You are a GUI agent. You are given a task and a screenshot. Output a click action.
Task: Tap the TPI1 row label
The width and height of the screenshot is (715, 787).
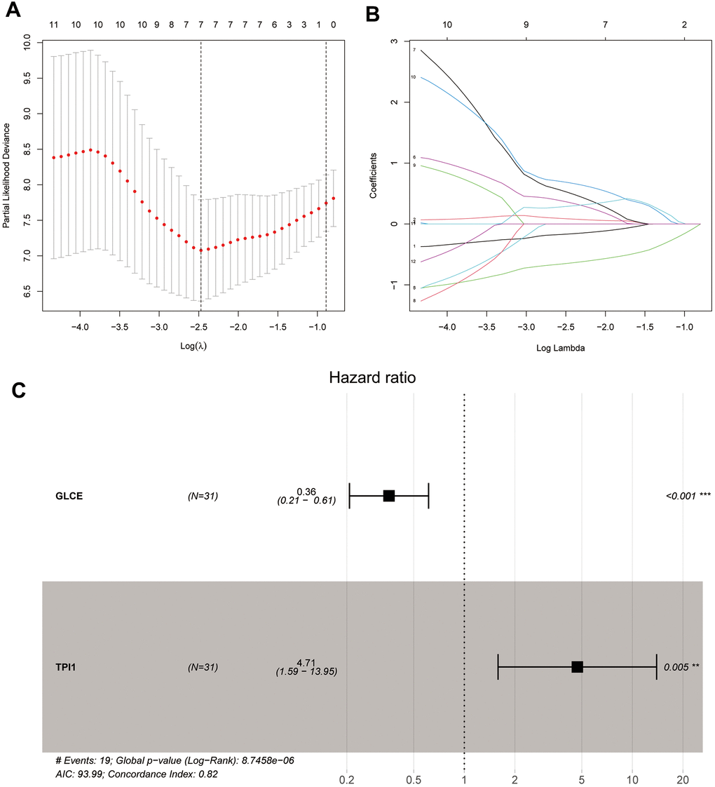(x=67, y=667)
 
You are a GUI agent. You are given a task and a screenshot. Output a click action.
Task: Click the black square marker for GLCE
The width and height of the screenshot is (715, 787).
(x=389, y=496)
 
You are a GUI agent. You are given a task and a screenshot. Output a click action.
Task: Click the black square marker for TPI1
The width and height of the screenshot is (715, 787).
(x=577, y=667)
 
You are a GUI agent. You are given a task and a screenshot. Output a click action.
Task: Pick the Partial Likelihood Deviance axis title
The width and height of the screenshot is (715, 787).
(x=8, y=175)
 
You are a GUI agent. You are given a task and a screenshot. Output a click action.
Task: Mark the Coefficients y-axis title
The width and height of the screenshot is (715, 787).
(x=374, y=175)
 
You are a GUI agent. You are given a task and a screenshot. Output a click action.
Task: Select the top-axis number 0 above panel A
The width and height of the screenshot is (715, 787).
(x=333, y=25)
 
